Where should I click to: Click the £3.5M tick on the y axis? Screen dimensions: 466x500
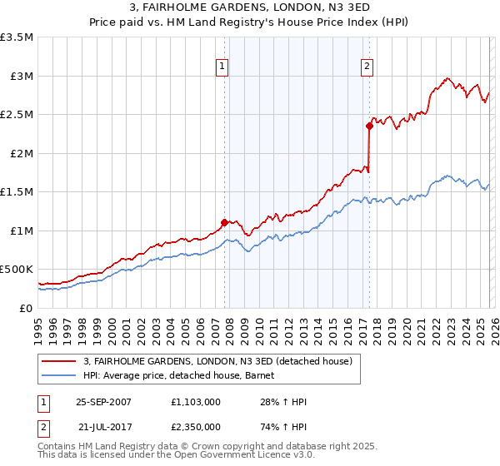(17, 37)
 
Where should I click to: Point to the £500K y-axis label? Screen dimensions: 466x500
(17, 270)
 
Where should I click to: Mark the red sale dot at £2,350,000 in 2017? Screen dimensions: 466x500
(368, 126)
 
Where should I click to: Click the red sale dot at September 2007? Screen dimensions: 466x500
(224, 222)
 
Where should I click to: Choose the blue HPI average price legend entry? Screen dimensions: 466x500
(184, 375)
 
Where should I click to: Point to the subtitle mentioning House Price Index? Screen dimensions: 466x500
(250, 23)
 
